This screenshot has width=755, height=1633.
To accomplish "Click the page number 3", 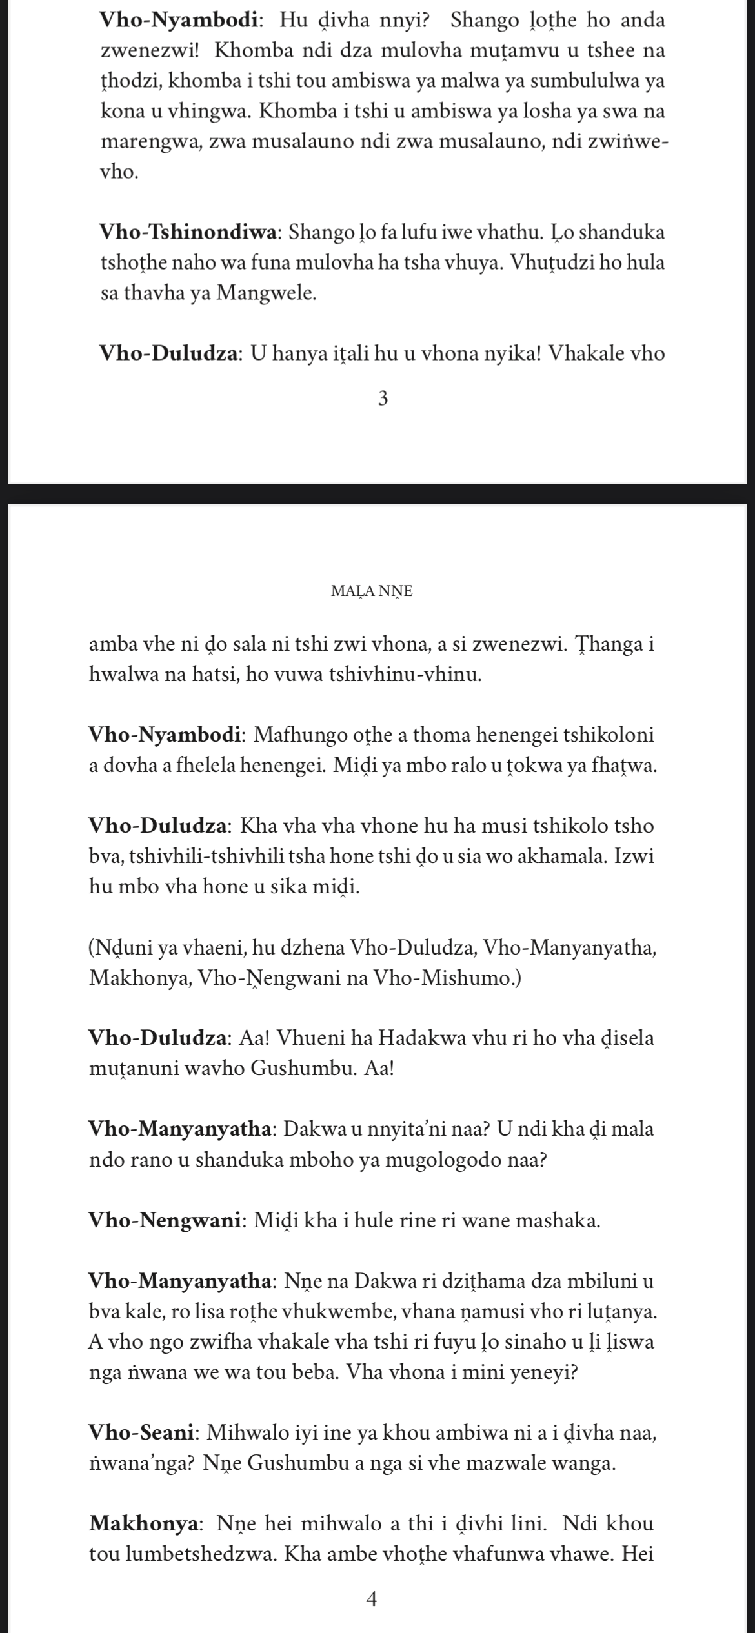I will (383, 400).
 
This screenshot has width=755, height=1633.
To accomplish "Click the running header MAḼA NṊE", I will (371, 591).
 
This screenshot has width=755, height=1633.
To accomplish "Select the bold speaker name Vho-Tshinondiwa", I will (190, 232).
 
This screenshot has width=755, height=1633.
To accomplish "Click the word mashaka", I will (561, 1220).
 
